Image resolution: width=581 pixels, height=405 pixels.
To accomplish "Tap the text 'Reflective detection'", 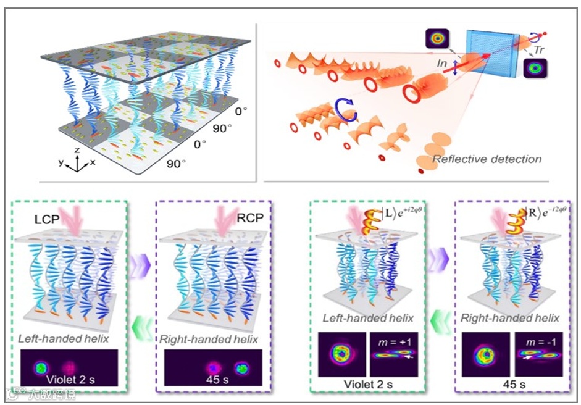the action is click(487, 159).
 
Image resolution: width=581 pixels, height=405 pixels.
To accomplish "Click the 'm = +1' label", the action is click(398, 341).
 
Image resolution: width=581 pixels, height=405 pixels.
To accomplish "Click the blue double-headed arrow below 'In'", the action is click(456, 68).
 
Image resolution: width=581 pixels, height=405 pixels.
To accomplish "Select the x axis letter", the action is click(93, 162).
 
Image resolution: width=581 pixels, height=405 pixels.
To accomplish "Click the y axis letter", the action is click(61, 162).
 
